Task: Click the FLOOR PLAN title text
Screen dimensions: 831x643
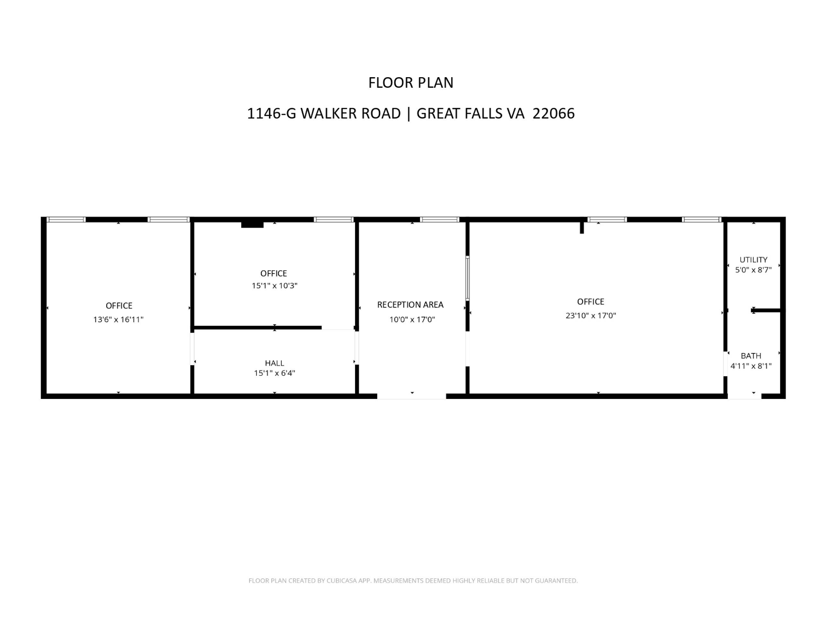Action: [x=411, y=83]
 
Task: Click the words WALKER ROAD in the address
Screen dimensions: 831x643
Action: [x=351, y=113]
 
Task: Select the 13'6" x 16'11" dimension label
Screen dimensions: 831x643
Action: [x=118, y=319]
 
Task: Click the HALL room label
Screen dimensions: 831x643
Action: [x=274, y=363]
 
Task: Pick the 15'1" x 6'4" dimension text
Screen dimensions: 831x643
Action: [x=274, y=373]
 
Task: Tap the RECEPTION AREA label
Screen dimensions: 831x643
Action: [x=410, y=305]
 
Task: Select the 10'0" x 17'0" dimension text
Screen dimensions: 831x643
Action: [x=412, y=319]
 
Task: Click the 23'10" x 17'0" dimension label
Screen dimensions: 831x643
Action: [x=590, y=315]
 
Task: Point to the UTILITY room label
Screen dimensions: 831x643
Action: [x=753, y=260]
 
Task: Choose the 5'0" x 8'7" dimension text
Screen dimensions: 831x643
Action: [x=753, y=270]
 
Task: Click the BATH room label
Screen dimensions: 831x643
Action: [x=751, y=356]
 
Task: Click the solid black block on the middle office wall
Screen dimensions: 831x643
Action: [x=252, y=225]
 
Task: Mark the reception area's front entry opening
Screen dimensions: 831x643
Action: [x=411, y=396]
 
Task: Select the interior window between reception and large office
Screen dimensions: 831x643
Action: [x=468, y=278]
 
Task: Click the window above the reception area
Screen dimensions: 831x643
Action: [x=440, y=219]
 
